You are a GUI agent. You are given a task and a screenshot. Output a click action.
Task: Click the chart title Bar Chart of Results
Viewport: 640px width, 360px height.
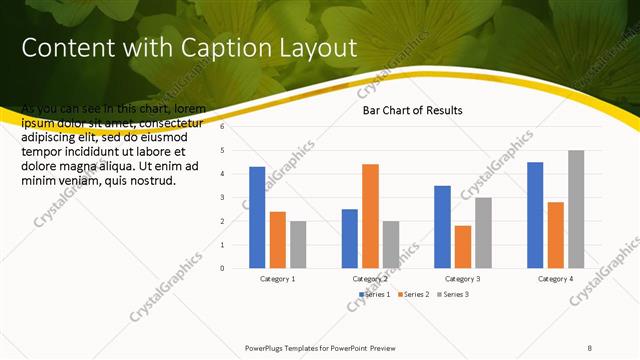click(412, 110)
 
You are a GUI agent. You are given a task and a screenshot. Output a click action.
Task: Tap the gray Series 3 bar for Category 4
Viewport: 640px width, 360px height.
click(576, 209)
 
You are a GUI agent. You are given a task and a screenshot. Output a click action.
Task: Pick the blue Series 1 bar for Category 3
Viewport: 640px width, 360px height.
click(442, 227)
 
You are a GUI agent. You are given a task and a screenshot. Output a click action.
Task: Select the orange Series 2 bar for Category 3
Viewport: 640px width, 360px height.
click(463, 247)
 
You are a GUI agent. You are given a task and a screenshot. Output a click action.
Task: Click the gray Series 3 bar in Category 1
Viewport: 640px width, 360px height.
click(298, 244)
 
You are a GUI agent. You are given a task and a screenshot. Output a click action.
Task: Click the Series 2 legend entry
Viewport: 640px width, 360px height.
click(412, 294)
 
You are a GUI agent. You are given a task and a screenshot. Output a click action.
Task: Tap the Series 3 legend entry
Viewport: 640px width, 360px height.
click(452, 294)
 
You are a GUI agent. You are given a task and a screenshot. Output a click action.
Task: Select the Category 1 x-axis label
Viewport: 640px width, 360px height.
click(277, 279)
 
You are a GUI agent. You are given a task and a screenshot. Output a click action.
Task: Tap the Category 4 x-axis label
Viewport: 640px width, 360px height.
click(556, 279)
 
